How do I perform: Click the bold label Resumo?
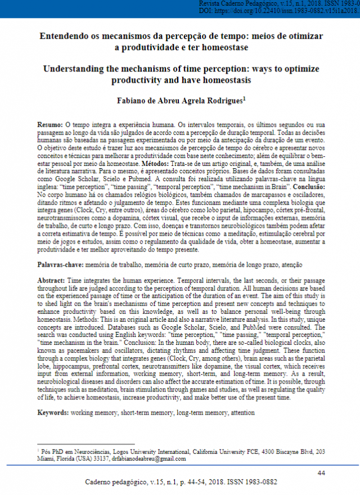pos(50,124)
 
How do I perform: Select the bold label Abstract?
pos(51,280)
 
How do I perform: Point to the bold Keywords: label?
pos(53,413)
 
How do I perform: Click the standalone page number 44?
pos(321,472)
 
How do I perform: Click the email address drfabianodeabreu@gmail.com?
pos(148,458)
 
